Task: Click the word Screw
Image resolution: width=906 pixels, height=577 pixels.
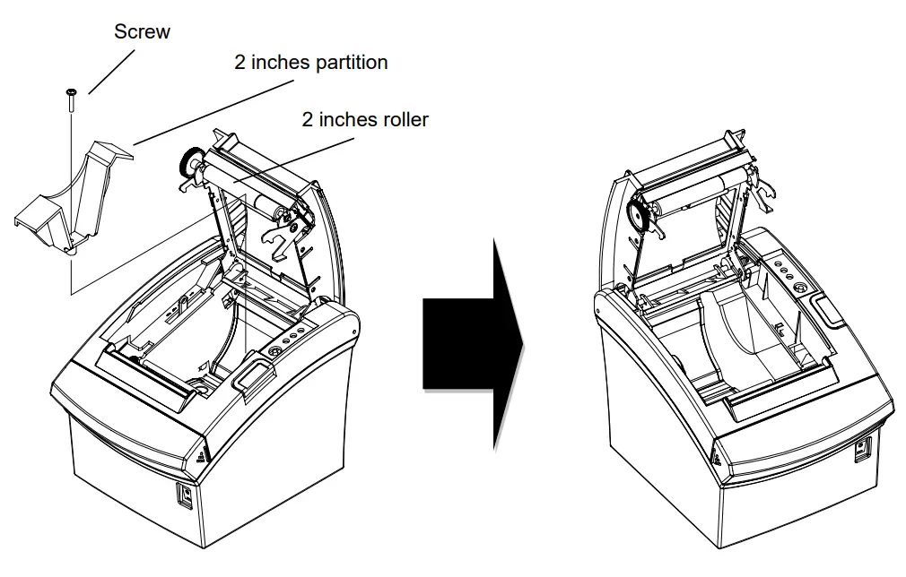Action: [x=142, y=32]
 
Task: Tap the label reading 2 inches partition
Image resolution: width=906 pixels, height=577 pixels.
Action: [x=310, y=63]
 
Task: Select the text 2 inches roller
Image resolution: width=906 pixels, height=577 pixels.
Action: [x=365, y=119]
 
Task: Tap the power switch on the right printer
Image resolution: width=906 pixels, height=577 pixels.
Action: [x=862, y=449]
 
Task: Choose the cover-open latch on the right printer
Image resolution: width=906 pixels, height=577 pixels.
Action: [x=826, y=308]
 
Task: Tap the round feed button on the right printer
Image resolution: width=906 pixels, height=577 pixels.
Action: [x=797, y=288]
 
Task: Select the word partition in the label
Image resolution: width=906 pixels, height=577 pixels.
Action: [x=352, y=63]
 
